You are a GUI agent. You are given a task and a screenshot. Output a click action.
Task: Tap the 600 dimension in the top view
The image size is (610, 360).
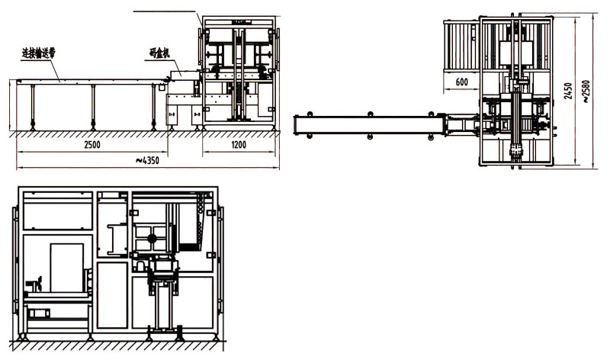462,82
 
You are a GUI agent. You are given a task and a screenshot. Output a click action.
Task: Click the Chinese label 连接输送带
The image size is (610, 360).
39,53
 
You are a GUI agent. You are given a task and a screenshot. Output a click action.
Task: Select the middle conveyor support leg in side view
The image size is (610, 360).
93,106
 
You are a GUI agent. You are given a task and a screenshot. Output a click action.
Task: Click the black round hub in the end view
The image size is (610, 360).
152,239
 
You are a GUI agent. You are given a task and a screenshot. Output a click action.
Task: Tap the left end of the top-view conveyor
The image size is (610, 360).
300,124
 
